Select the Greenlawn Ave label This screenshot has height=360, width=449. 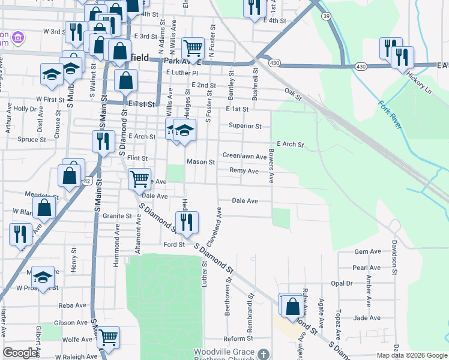coord(244,157)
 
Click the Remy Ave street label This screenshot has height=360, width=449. coord(244,171)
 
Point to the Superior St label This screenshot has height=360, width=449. coord(244,127)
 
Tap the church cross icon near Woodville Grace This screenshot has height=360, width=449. coord(262,354)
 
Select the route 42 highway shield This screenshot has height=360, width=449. coord(88,181)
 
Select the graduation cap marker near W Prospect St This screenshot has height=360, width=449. coord(42,277)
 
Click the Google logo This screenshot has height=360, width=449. coord(20,353)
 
